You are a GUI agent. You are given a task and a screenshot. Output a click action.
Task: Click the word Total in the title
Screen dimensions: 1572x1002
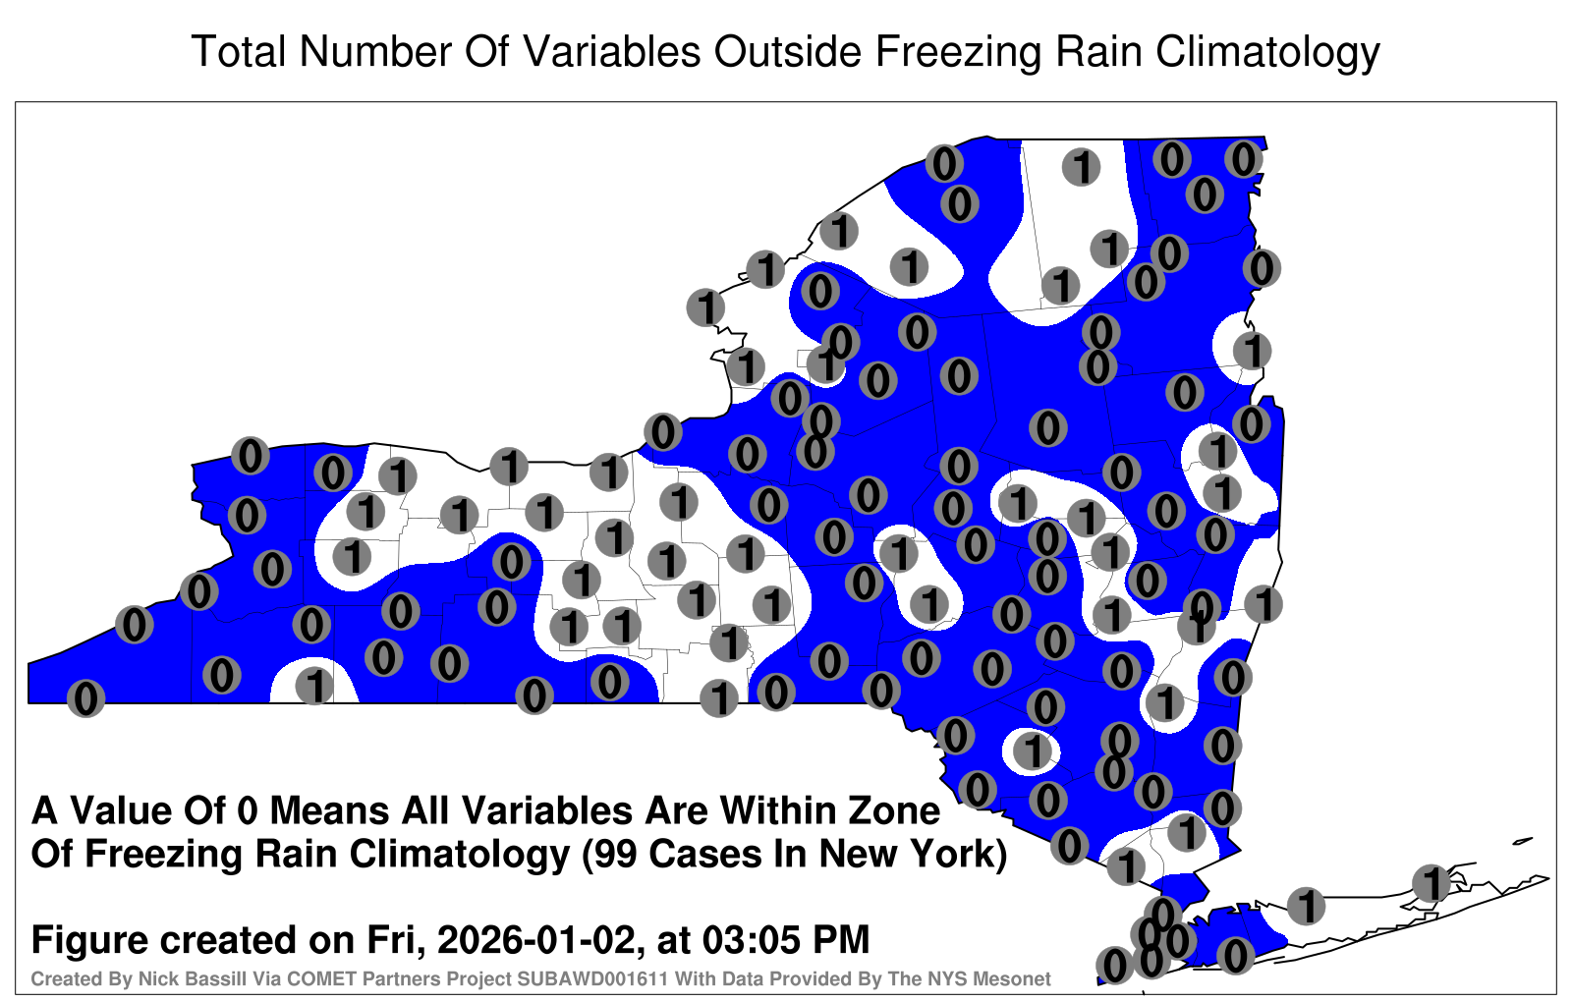(x=240, y=51)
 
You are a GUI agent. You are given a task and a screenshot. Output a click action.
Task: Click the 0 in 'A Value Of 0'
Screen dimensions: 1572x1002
(x=250, y=811)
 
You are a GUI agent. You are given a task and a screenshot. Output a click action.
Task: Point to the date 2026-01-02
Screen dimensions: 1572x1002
(x=536, y=940)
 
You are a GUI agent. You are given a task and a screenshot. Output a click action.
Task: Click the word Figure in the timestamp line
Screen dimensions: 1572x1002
(x=89, y=940)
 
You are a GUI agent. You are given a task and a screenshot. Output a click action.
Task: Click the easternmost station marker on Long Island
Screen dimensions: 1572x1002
(x=1432, y=883)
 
